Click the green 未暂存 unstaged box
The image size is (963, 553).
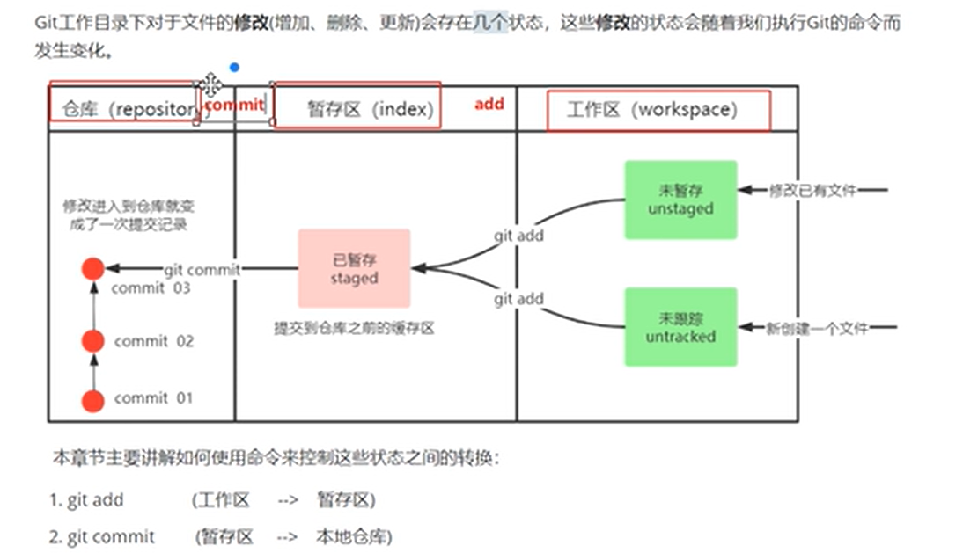tap(680, 200)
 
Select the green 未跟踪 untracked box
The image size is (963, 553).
tap(680, 326)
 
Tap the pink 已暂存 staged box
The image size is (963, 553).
tap(354, 268)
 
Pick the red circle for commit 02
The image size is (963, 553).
tap(93, 341)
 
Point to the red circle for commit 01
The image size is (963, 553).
tap(93, 401)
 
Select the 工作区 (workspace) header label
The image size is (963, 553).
tap(651, 110)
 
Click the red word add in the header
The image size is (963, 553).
tap(489, 104)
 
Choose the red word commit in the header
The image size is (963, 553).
tap(234, 105)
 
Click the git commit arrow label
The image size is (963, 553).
tap(202, 270)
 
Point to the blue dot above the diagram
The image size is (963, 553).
tap(233, 67)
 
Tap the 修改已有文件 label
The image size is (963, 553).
tap(812, 190)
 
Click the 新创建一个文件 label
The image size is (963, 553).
tap(816, 328)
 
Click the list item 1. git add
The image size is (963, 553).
tap(86, 500)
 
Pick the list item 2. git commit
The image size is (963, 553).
tap(101, 537)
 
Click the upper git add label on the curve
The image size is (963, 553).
tap(518, 235)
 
